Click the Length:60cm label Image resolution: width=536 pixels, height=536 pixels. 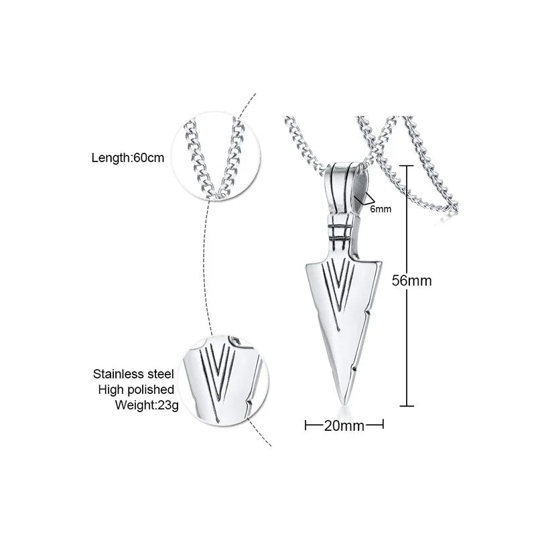coord(127,158)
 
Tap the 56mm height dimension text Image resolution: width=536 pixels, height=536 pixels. coord(411,281)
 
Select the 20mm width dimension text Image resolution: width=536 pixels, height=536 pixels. coord(344,425)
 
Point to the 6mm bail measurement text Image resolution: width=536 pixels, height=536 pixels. coord(381,209)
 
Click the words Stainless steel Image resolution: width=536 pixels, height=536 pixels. coord(133,374)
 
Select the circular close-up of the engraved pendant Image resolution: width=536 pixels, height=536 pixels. coord(224,381)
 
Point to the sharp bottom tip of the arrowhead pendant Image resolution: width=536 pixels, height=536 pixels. coord(344,401)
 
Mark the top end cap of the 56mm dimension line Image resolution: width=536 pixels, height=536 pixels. coord(407,164)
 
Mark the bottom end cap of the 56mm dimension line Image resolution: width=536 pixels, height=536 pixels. coord(407,405)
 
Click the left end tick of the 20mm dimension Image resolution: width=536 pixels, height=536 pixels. coord(306,424)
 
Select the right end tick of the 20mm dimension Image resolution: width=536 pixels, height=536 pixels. coord(383,424)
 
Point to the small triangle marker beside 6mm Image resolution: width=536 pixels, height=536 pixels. coord(365,197)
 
